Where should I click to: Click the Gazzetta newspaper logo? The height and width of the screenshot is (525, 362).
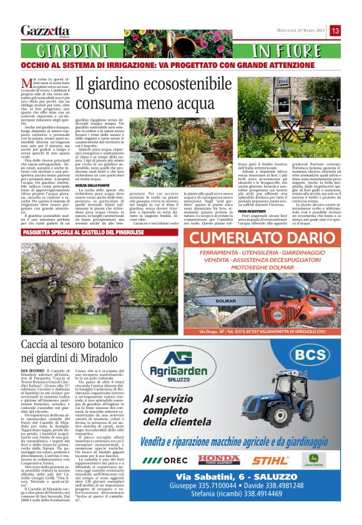click(x=45, y=31)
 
